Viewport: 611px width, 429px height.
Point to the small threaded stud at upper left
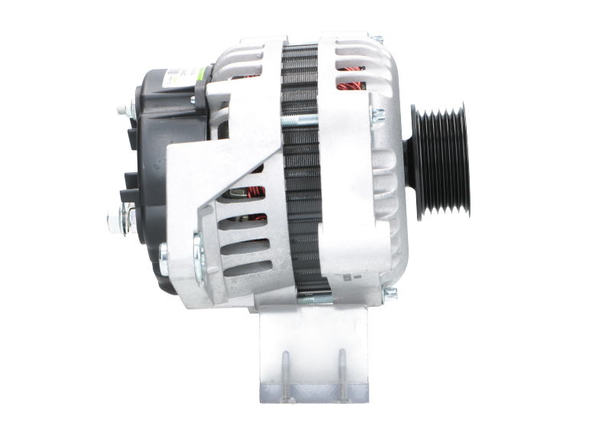pyautogui.click(x=121, y=109)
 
